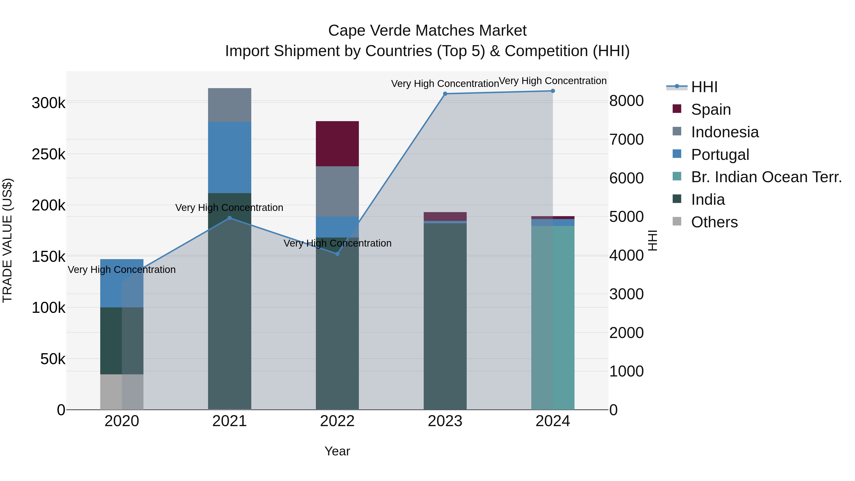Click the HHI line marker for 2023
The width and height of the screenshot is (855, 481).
[x=445, y=94]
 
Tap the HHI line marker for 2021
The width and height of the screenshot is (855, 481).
[x=229, y=218]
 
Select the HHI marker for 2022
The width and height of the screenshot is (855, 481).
[x=337, y=254]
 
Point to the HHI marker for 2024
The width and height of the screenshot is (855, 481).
[x=553, y=91]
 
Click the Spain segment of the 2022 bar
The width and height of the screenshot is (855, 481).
[x=337, y=143]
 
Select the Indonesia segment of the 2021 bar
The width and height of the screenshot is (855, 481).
[x=229, y=105]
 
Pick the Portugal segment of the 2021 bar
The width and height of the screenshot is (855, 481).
[x=229, y=157]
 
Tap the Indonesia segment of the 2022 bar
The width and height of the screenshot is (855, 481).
[x=337, y=191]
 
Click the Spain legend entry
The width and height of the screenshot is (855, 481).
[x=711, y=109]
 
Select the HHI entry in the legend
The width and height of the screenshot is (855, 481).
[x=704, y=87]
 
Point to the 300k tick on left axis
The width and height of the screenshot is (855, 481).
[x=48, y=103]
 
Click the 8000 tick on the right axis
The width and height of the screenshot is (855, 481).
[x=626, y=101]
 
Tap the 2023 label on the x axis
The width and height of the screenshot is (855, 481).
[x=445, y=421]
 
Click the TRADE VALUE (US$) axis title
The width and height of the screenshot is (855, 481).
[x=7, y=240]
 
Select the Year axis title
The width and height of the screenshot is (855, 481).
[x=337, y=451]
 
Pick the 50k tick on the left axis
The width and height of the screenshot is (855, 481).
[x=52, y=359]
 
